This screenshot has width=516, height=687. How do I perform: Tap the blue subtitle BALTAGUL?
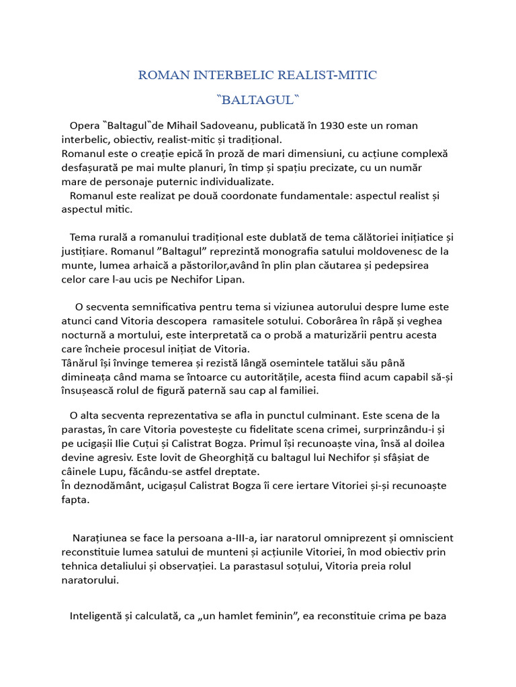point(258,100)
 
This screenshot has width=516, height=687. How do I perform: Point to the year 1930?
point(316,125)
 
